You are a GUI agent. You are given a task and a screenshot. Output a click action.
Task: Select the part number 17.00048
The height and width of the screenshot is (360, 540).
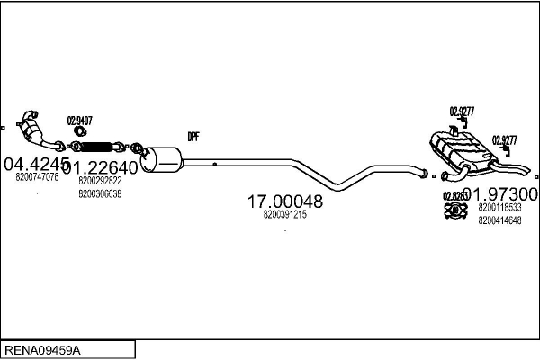pyautogui.click(x=285, y=202)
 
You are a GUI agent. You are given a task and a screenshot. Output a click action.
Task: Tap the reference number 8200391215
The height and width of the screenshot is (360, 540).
pyautogui.click(x=285, y=216)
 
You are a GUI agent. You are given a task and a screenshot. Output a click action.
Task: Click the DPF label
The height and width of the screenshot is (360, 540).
pyautogui.click(x=193, y=137)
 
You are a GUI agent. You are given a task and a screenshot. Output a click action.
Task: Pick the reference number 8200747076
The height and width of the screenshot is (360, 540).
pyautogui.click(x=37, y=178)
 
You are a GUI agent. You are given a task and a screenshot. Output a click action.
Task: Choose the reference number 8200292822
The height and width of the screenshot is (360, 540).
pyautogui.click(x=100, y=182)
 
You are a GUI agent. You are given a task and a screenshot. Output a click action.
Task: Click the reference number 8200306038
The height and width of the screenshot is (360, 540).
pyautogui.click(x=100, y=193)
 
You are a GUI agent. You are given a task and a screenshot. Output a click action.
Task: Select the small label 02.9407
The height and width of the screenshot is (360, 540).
pyautogui.click(x=80, y=120)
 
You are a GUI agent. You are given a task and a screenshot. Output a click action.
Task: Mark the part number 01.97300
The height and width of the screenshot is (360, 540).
pyautogui.click(x=505, y=194)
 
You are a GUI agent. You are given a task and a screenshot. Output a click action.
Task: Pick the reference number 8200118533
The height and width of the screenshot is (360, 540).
pyautogui.click(x=500, y=208)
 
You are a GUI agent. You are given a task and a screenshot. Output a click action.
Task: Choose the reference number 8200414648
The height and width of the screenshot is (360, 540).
pyautogui.click(x=500, y=220)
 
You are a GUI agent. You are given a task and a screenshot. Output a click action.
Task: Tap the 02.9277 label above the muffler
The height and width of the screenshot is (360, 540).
pyautogui.click(x=462, y=112)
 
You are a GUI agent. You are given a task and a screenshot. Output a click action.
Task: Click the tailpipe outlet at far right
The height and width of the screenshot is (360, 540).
pyautogui.click(x=527, y=173)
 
